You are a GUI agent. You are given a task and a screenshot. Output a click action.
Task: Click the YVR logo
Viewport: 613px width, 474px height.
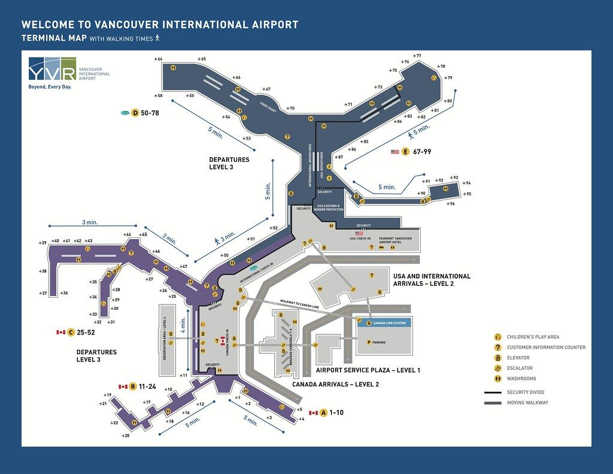(x=52, y=69)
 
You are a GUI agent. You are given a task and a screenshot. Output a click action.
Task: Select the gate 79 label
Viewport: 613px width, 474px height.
(x=448, y=78)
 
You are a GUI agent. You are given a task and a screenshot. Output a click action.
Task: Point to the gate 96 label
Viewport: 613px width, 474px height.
(x=450, y=204)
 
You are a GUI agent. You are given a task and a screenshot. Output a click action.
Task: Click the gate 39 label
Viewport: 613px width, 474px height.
(x=43, y=243)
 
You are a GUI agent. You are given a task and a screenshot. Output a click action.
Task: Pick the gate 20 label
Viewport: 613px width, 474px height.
(x=125, y=436)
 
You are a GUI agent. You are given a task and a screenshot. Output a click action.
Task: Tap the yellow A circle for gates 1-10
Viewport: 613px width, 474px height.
(x=324, y=412)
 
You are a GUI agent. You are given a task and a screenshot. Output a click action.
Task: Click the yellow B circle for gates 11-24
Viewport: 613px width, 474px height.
(x=133, y=387)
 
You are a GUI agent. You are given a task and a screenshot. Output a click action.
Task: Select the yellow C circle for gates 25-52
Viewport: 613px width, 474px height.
(x=71, y=332)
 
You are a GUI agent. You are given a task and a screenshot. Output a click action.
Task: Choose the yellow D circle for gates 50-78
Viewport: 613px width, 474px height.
(x=135, y=113)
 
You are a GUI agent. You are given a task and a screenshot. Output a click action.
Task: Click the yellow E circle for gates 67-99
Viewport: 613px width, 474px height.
(x=405, y=152)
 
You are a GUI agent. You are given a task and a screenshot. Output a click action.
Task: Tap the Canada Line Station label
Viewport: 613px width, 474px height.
(x=389, y=323)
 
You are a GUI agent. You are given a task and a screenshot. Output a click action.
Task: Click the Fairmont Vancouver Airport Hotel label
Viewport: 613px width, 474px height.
(x=395, y=240)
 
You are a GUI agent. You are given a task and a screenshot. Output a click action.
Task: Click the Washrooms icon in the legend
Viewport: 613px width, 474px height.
(x=497, y=379)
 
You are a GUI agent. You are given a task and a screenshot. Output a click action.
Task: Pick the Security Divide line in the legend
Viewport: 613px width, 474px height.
(x=492, y=392)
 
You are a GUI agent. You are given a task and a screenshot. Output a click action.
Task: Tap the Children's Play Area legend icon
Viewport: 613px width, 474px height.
(x=497, y=337)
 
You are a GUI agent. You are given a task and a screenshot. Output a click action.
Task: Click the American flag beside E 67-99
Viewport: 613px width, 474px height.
(x=394, y=152)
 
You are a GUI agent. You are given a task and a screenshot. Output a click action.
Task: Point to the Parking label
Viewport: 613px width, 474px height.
(x=379, y=342)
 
